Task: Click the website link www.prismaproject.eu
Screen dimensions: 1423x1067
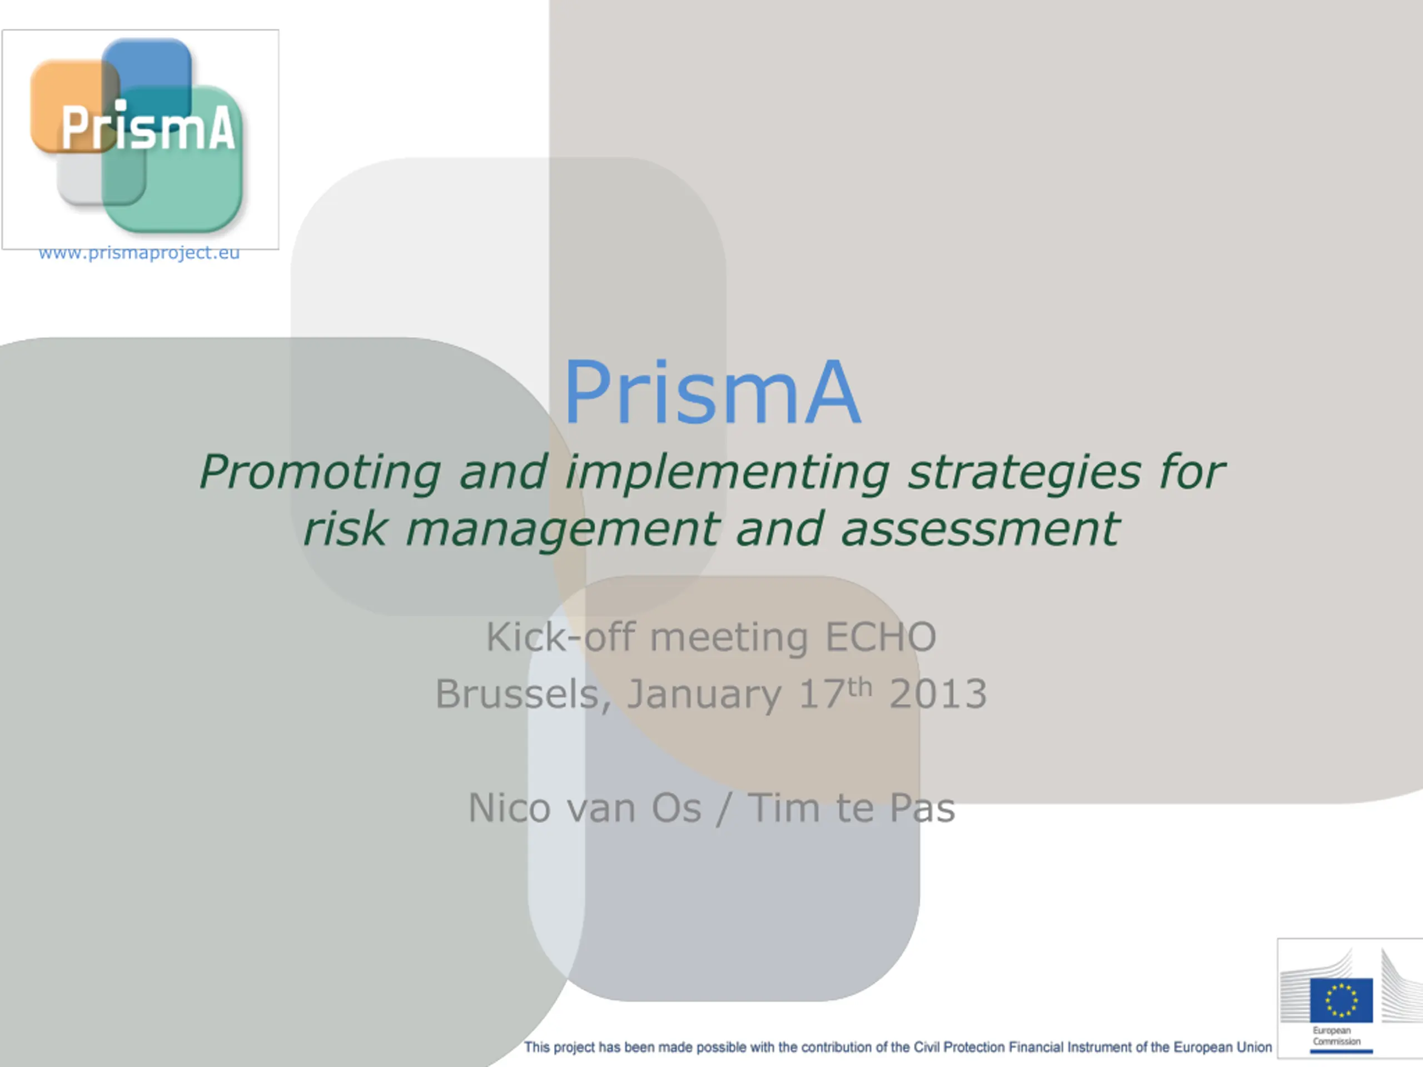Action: [139, 253]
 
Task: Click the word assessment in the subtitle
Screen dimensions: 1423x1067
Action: [981, 529]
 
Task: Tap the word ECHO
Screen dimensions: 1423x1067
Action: [880, 637]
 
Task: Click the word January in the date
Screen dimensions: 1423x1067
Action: [704, 695]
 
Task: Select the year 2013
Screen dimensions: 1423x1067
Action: [937, 694]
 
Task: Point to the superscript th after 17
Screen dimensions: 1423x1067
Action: [859, 687]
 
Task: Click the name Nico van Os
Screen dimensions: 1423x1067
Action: [585, 808]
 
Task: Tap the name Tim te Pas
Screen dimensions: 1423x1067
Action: [851, 808]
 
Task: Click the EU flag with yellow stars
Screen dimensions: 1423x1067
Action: [1341, 1000]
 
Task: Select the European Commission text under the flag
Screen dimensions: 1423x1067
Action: [1337, 1035]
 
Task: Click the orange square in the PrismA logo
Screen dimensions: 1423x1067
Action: [74, 106]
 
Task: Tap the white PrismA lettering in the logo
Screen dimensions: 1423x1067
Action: [148, 127]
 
